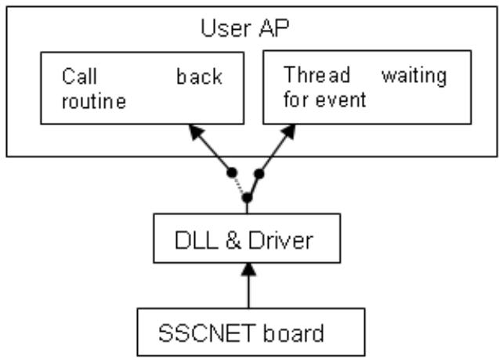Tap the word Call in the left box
[x=79, y=77]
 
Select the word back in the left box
[x=199, y=77]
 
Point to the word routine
[x=94, y=101]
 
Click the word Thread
[x=316, y=74]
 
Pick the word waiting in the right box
[x=414, y=77]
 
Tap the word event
[x=341, y=100]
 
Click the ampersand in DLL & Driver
[x=233, y=240]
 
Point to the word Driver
[x=280, y=240]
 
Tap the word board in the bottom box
[x=294, y=333]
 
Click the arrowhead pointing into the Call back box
[x=196, y=131]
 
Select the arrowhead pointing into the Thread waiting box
[x=288, y=131]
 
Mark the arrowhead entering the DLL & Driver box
[x=248, y=270]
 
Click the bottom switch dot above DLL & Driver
[x=247, y=198]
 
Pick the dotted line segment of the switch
[x=240, y=185]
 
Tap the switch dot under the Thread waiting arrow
[x=259, y=174]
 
